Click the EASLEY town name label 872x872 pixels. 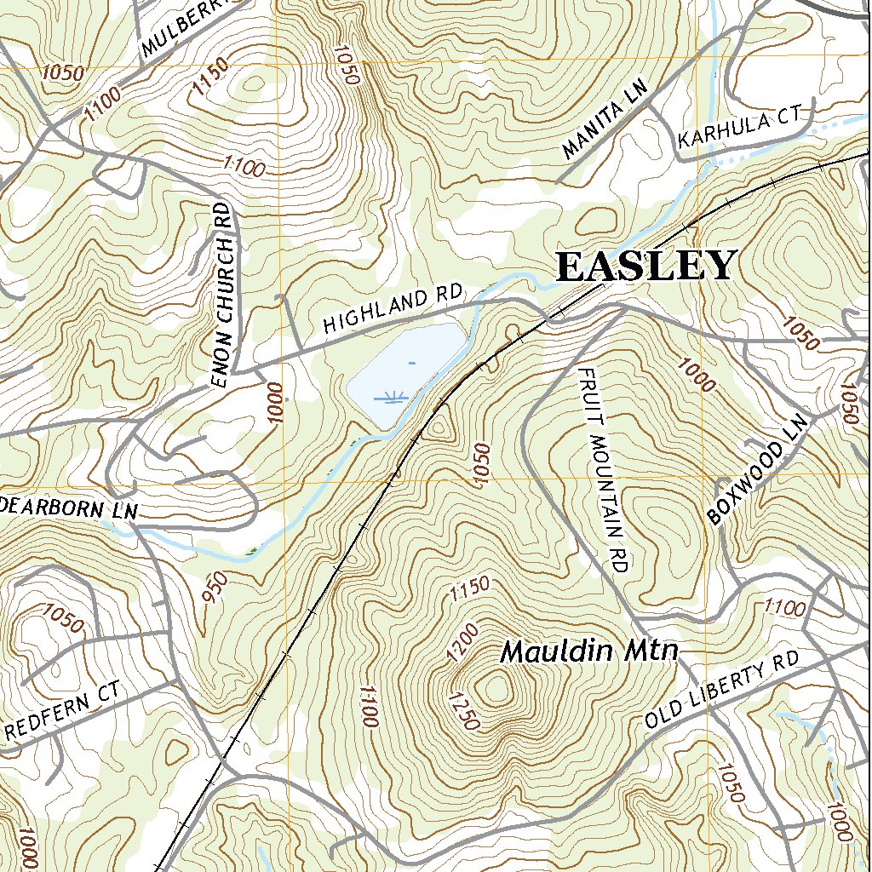[x=645, y=266]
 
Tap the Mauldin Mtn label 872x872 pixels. [x=589, y=652]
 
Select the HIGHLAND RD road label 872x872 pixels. [x=392, y=311]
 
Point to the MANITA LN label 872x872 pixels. [x=605, y=120]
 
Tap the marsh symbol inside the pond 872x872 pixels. [x=393, y=397]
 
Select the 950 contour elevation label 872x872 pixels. [x=216, y=588]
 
